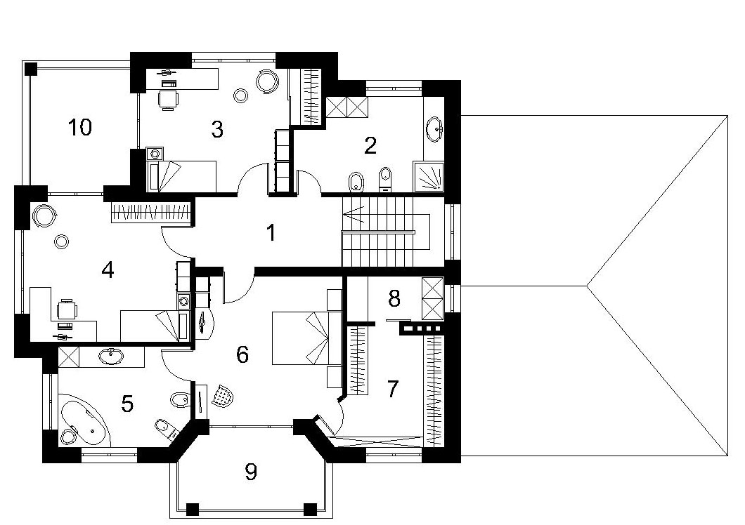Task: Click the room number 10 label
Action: pos(80,127)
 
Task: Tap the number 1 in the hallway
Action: pos(271,232)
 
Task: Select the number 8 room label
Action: pos(394,298)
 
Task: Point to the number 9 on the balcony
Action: pos(251,472)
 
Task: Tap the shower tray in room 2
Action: pos(429,177)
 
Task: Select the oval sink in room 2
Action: pos(434,128)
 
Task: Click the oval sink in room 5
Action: pos(112,356)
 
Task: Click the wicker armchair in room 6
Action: pos(223,395)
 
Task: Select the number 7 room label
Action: pos(392,389)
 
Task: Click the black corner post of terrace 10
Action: pos(31,68)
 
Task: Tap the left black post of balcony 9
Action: pos(193,509)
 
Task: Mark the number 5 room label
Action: pos(127,404)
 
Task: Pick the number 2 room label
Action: pos(370,145)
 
